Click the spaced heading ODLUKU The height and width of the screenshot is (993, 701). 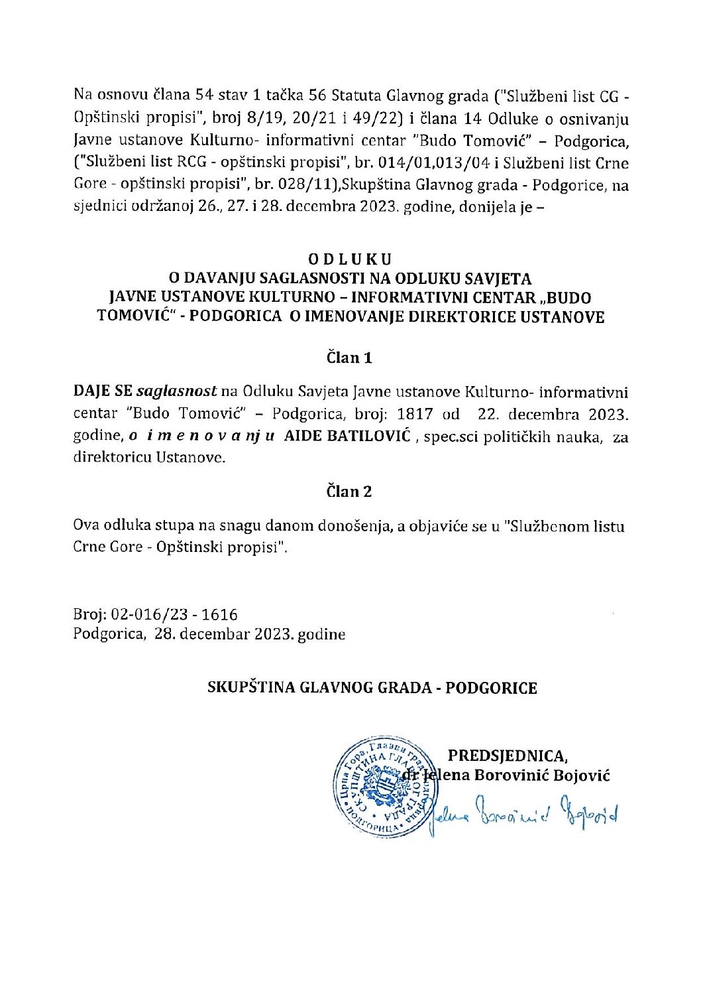point(349,259)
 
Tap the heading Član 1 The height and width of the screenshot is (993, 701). point(349,358)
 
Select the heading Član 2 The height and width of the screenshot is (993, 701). point(349,492)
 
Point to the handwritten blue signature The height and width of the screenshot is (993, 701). point(523,815)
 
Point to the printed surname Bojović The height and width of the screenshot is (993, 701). point(580,775)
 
